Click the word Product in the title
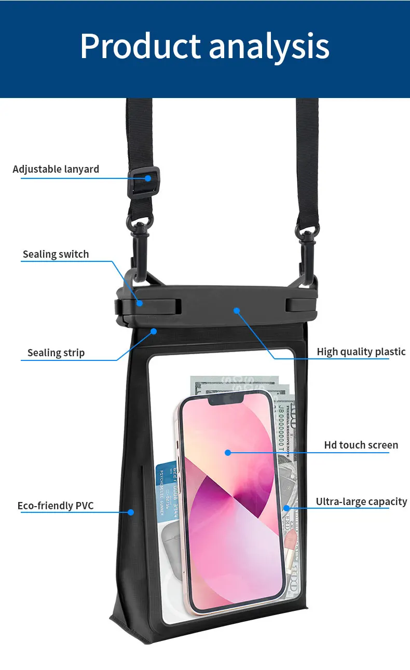[140, 47]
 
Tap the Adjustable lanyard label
[56, 169]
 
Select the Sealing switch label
[56, 254]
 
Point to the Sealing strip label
[56, 353]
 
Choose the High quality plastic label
[361, 352]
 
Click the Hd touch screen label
[361, 445]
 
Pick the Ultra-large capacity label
[361, 501]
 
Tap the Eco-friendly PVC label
[56, 506]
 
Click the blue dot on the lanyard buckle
[148, 178]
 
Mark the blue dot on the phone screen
[227, 452]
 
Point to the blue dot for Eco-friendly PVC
[131, 512]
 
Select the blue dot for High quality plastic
[236, 311]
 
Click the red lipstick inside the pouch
[289, 539]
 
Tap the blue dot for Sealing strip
[154, 331]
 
